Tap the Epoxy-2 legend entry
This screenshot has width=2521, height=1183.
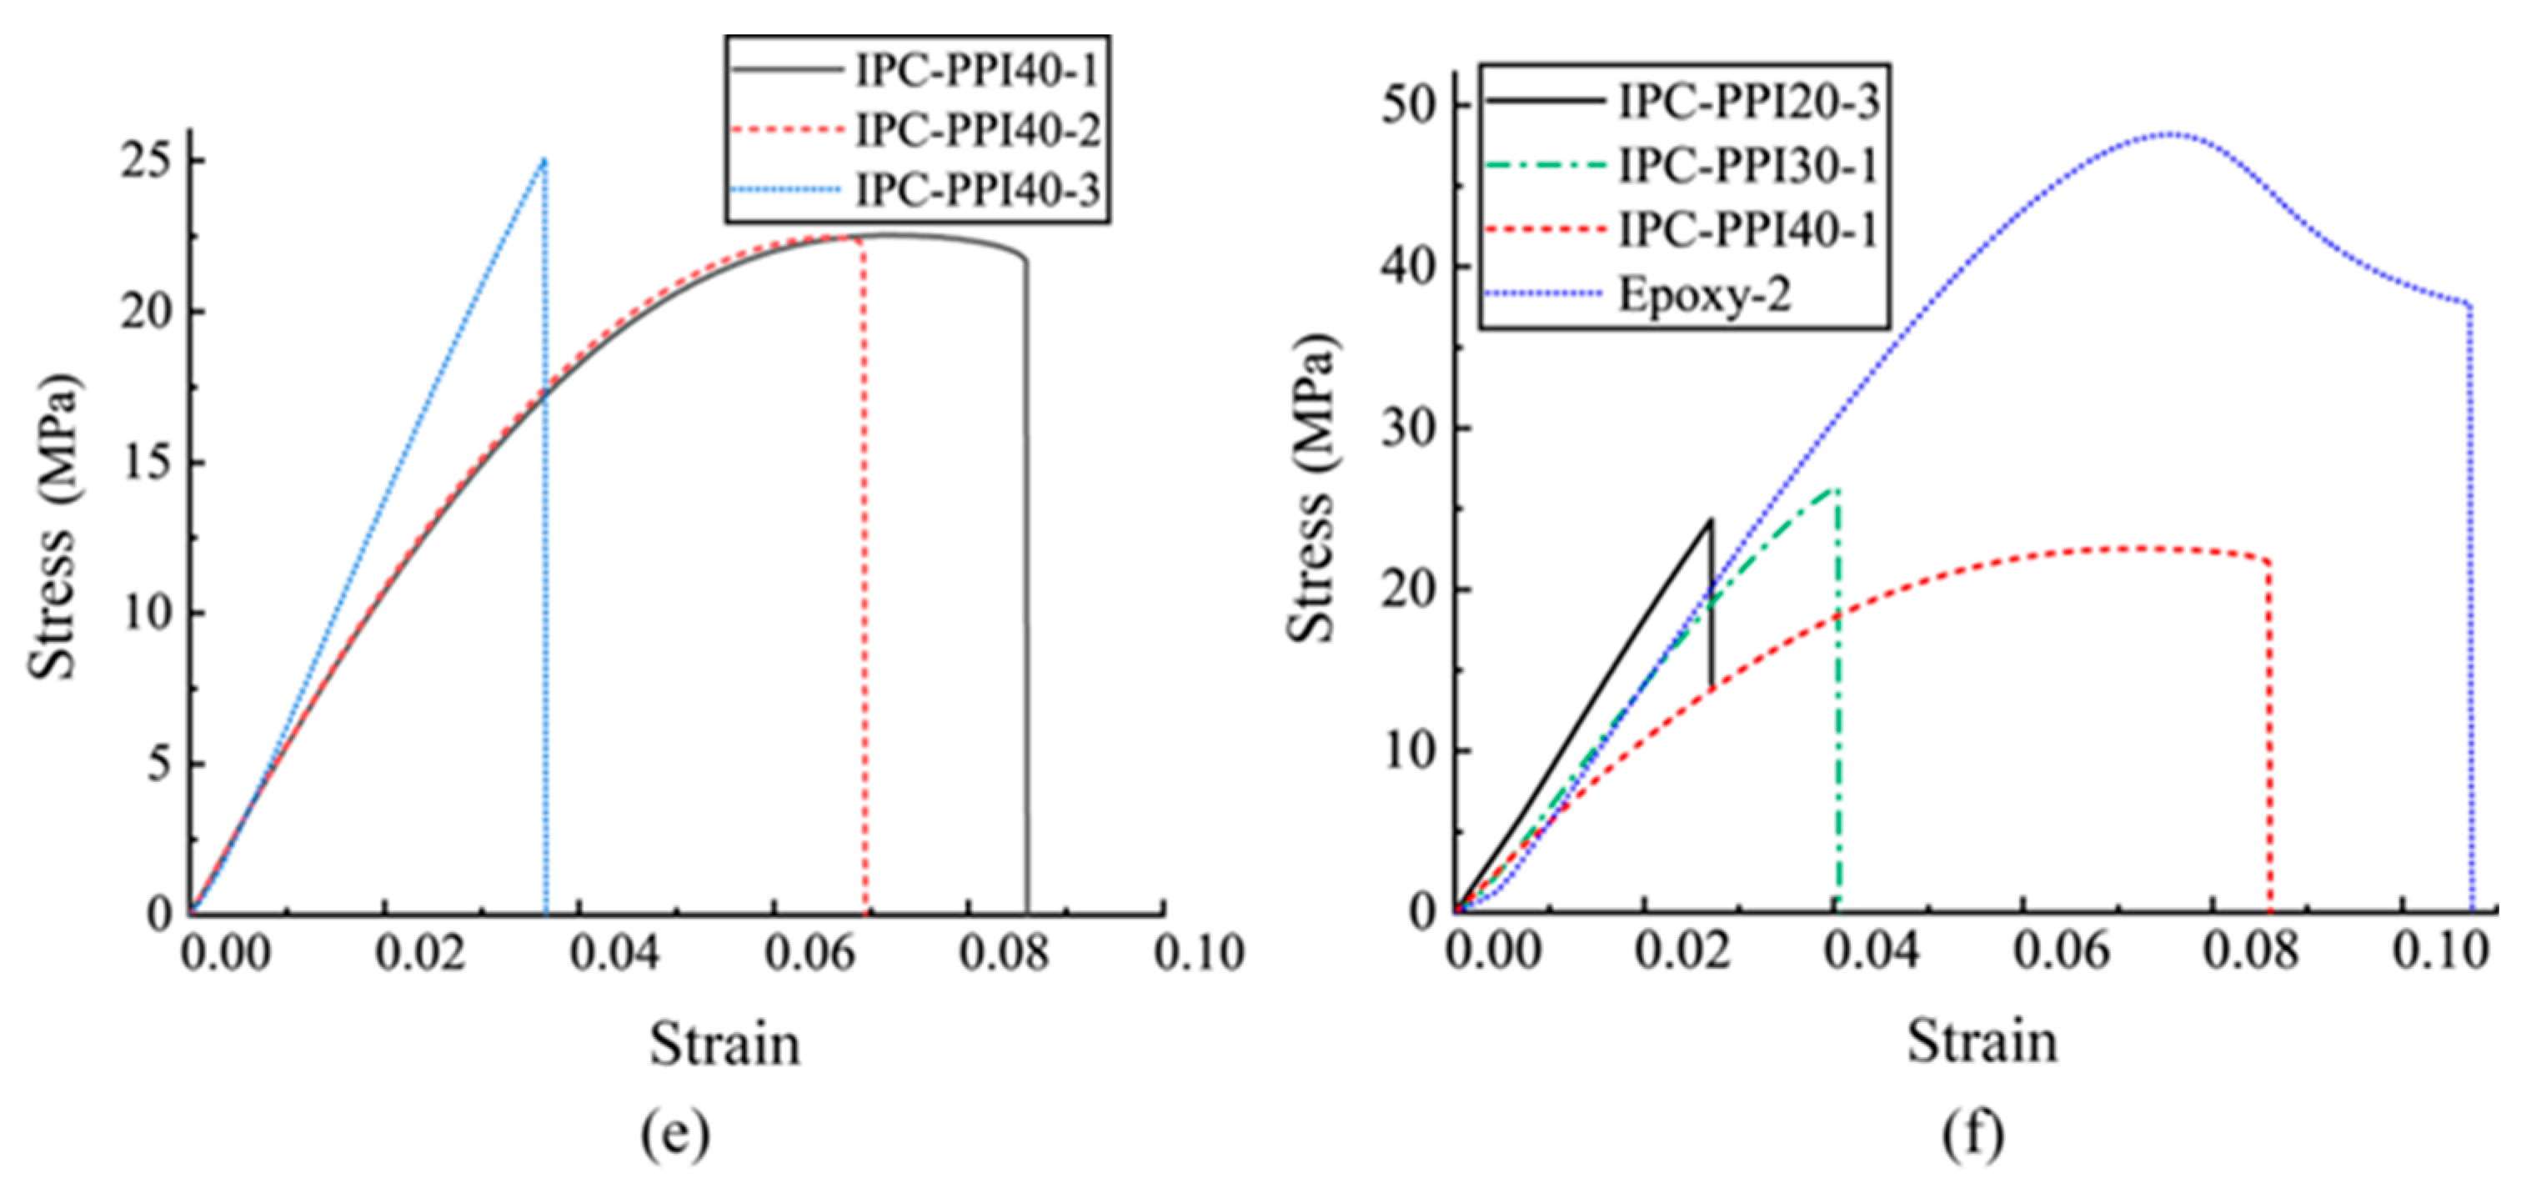coord(1704,294)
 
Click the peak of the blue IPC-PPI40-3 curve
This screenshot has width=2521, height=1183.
coord(544,160)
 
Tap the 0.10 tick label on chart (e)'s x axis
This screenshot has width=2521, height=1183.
coord(1198,954)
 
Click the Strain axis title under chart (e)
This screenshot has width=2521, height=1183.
coord(725,1045)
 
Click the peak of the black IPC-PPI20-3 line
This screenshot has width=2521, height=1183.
coord(1710,520)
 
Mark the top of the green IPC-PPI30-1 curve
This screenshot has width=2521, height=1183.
coord(1835,489)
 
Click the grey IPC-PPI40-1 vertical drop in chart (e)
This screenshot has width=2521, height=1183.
coord(1026,587)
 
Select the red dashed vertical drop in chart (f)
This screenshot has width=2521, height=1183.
coord(2268,734)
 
